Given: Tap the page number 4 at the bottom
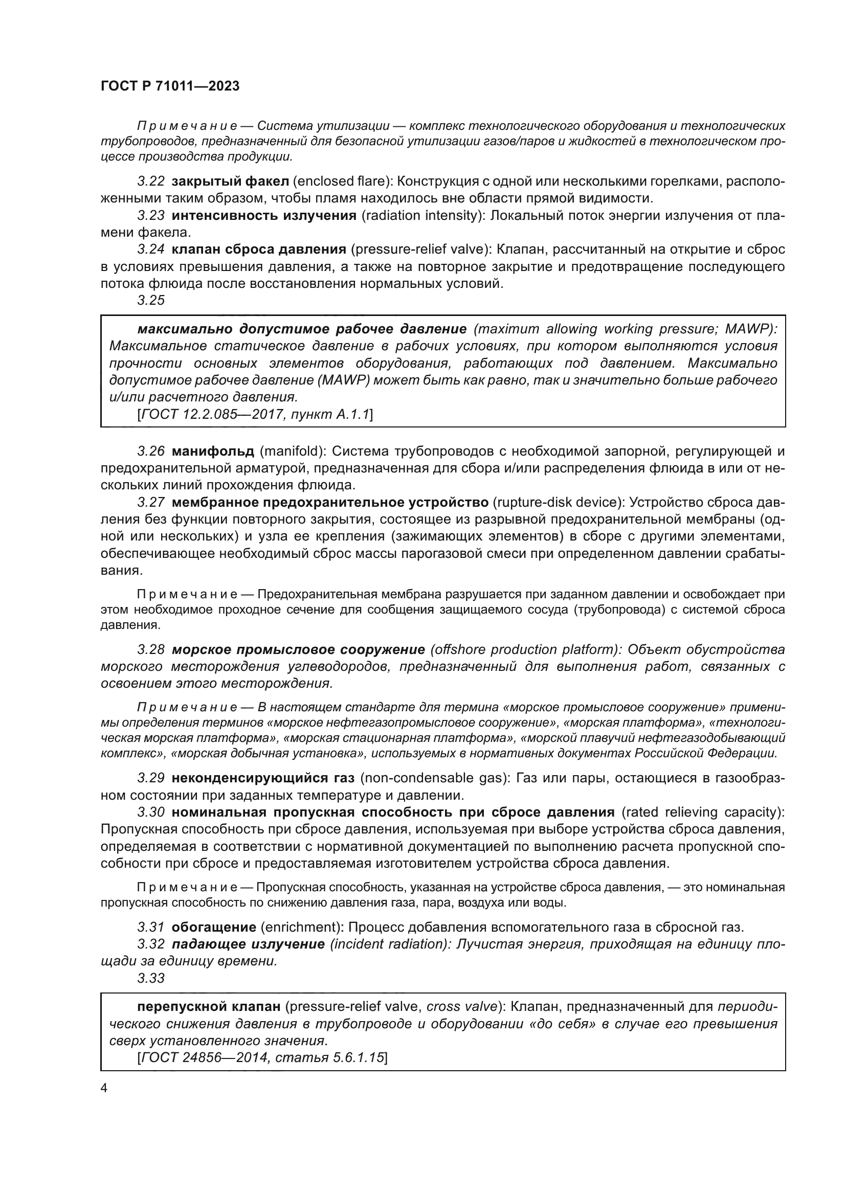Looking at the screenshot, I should tap(104, 1088).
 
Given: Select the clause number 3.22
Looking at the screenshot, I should tap(151, 182).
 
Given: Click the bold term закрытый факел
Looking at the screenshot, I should tap(230, 182).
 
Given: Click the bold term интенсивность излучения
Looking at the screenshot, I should tap(264, 215).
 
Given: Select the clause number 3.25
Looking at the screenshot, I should tap(151, 300).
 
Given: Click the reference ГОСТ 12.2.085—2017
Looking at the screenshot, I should tap(204, 414).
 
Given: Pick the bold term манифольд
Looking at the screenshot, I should tap(213, 451).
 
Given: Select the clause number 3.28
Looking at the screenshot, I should tap(151, 649).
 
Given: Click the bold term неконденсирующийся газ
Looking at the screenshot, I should tap(263, 778).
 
